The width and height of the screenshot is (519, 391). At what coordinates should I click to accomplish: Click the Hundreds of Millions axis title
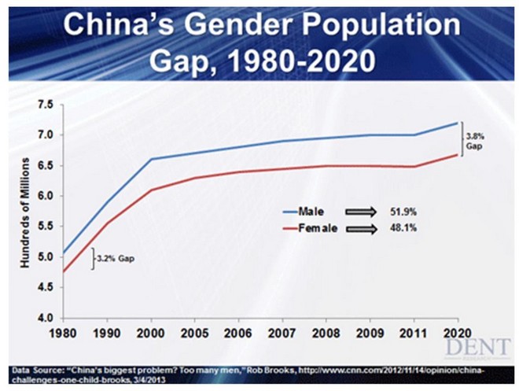coord(24,211)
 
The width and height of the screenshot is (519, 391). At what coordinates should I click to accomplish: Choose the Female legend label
coord(315,228)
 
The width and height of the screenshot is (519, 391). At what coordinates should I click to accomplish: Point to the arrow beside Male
coord(362,211)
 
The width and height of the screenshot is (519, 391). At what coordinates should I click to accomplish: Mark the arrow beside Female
coord(362,228)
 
